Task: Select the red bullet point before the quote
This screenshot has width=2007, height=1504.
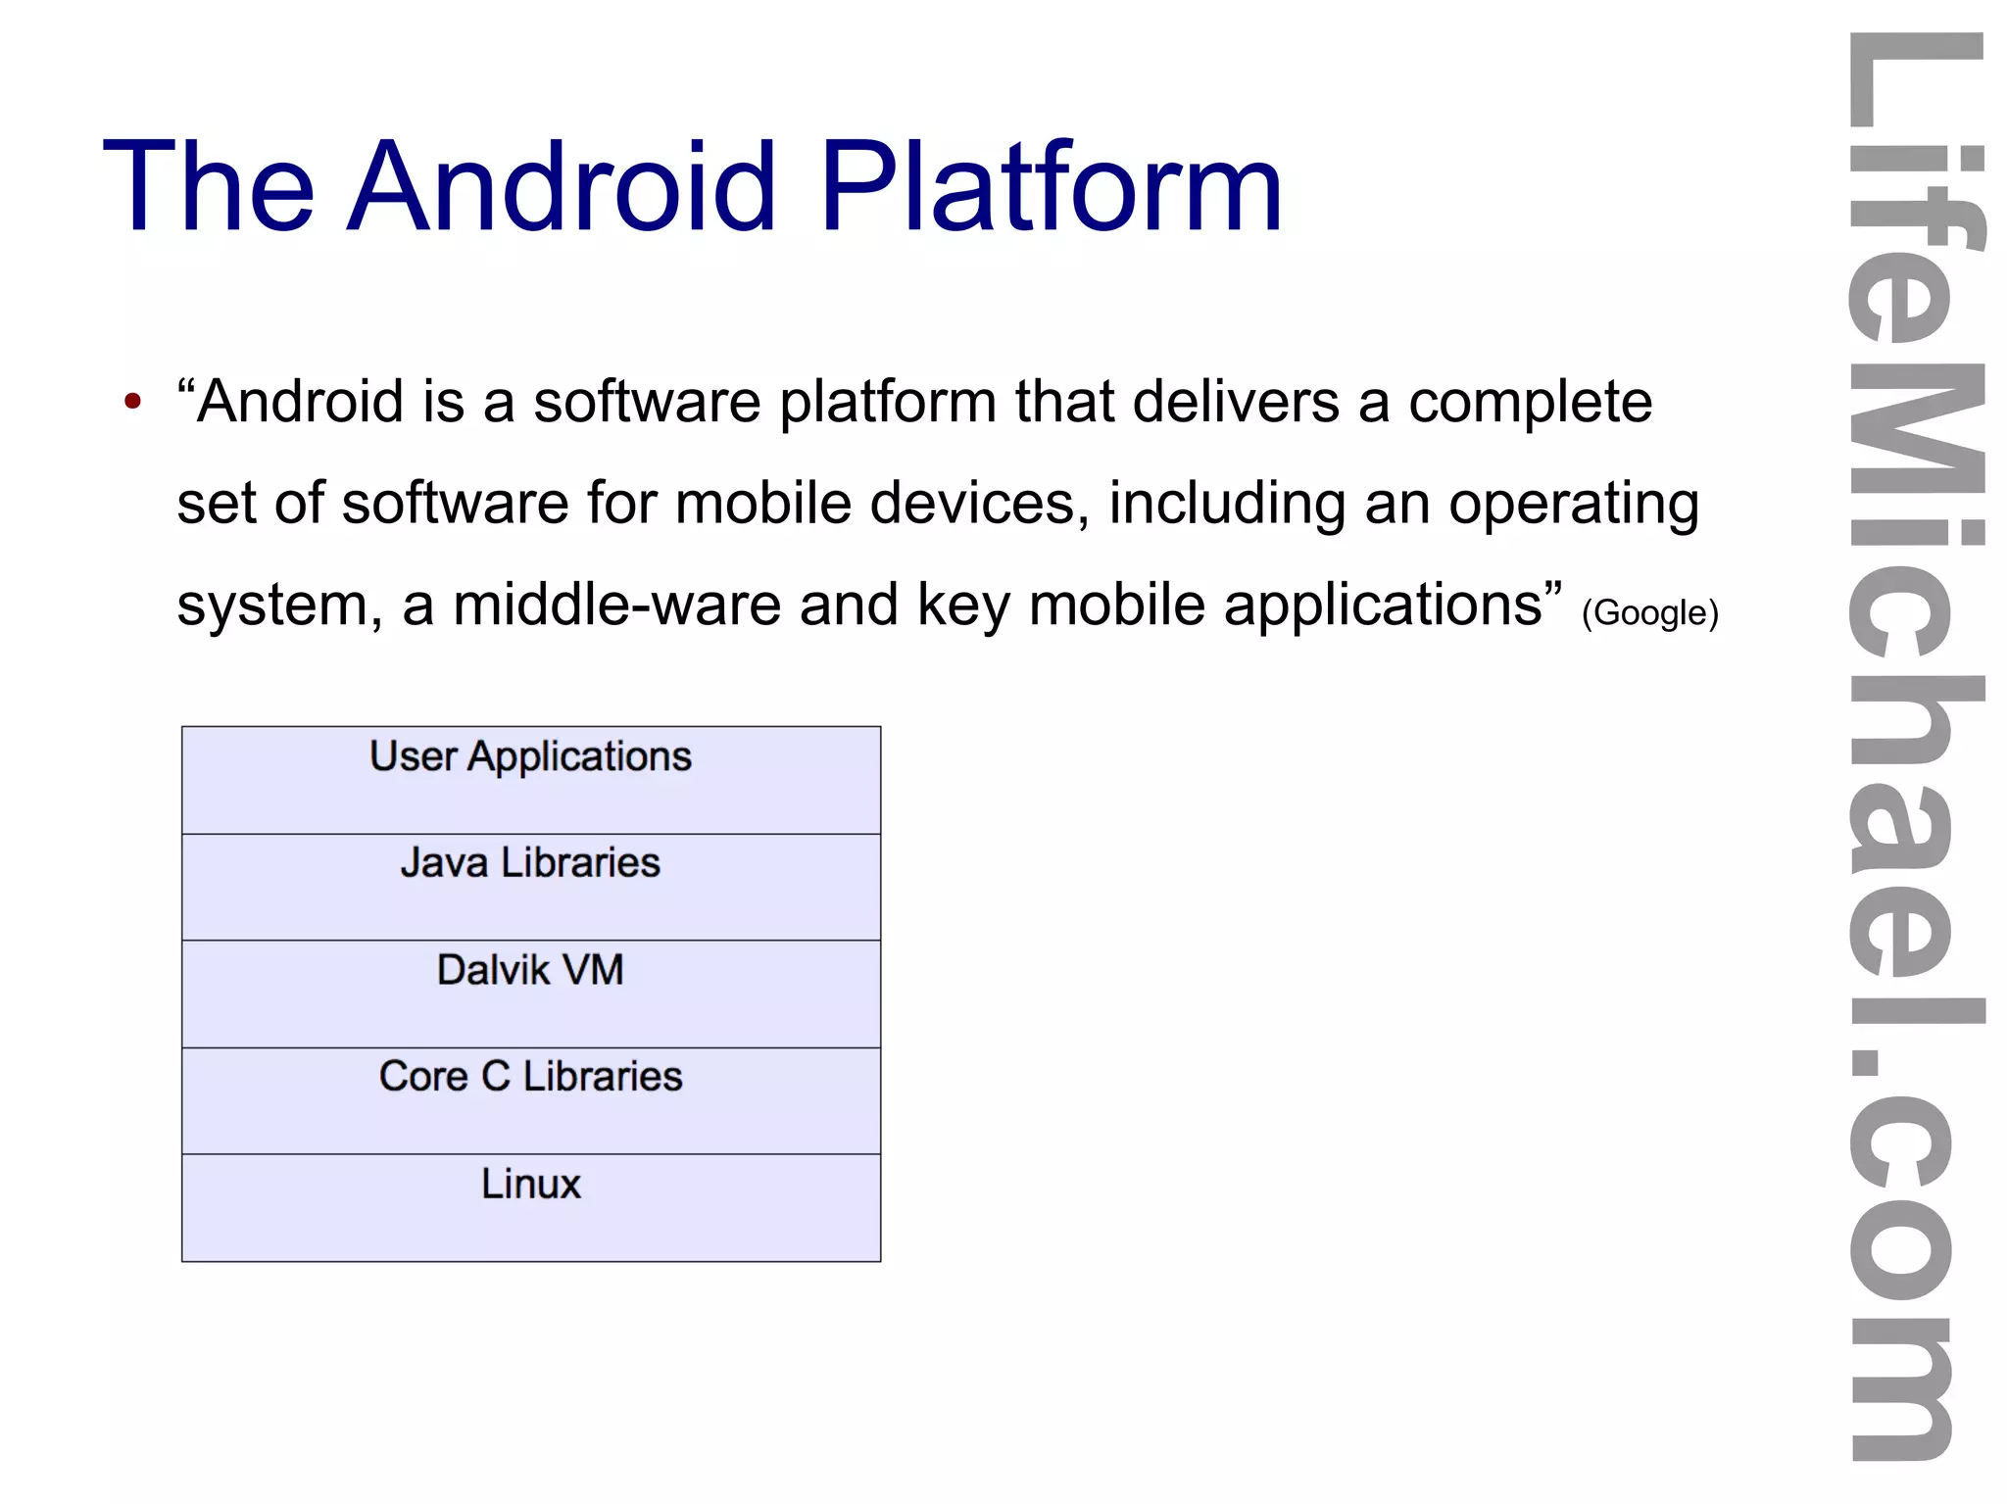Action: (x=133, y=401)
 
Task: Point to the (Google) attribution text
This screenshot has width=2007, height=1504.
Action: (x=1650, y=612)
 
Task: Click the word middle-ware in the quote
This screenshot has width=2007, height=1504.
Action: (x=616, y=605)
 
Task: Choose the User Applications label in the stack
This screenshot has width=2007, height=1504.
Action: (x=530, y=757)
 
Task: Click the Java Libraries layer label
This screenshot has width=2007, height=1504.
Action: (x=530, y=863)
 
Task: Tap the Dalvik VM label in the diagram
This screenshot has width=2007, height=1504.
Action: (x=530, y=970)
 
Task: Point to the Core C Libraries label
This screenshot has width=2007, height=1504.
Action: (x=530, y=1077)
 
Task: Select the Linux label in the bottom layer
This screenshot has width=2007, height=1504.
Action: (x=530, y=1184)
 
